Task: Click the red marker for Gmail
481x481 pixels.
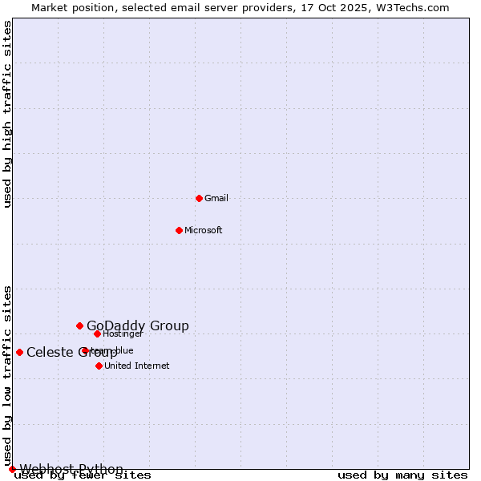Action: (x=199, y=198)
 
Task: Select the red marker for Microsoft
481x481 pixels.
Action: (x=179, y=230)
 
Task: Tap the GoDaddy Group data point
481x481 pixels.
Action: (x=79, y=325)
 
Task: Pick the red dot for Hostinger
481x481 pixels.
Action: (x=97, y=333)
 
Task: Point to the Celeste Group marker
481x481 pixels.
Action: (x=19, y=352)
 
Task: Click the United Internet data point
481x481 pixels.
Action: (x=99, y=366)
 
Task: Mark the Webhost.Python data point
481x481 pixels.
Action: (x=12, y=469)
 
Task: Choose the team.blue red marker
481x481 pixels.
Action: (x=85, y=350)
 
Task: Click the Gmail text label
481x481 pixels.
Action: (x=216, y=198)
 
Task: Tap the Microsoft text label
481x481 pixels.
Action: (x=204, y=230)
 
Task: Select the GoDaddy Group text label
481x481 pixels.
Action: (x=138, y=325)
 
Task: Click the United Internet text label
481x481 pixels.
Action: (x=137, y=366)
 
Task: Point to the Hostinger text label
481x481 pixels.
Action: (x=123, y=333)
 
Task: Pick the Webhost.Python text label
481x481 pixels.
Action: (x=71, y=469)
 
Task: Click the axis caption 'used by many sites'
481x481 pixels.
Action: (x=402, y=475)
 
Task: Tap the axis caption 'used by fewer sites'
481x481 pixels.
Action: (x=83, y=475)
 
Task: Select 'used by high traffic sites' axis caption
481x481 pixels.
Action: (x=8, y=114)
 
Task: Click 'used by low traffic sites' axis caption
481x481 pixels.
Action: (x=8, y=375)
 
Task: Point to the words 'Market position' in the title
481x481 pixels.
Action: (x=67, y=7)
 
